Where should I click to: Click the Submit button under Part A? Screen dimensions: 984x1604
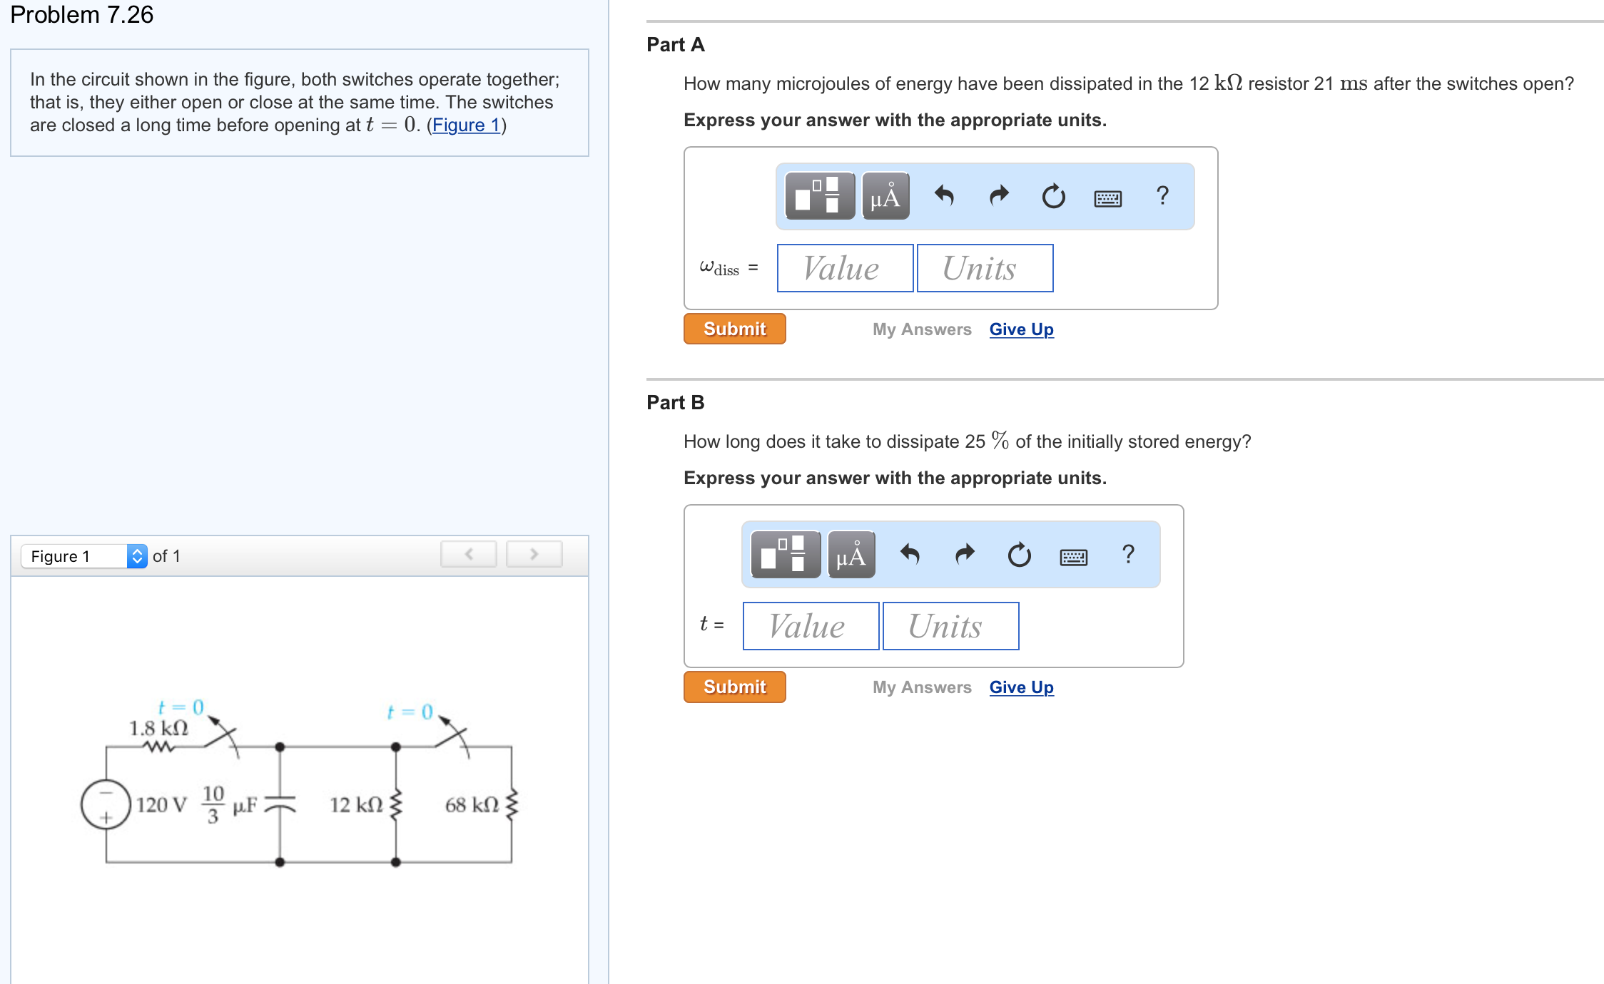pos(734,329)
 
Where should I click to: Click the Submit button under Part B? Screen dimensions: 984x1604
pos(734,687)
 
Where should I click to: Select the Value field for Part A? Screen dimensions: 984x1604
pos(845,268)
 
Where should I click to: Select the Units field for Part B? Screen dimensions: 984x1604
pos(950,626)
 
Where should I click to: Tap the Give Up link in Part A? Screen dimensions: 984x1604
pos(1021,329)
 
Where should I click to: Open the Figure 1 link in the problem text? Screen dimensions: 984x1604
pos(466,125)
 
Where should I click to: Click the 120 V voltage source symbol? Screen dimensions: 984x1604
pos(106,804)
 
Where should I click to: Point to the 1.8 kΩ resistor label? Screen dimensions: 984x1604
pos(158,728)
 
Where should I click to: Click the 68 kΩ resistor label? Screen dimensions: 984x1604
pos(472,805)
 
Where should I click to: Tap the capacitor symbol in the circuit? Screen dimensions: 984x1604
pos(280,804)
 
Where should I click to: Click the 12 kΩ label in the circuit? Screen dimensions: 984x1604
pos(356,805)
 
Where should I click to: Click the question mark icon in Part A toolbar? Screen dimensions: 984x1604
pos(1162,195)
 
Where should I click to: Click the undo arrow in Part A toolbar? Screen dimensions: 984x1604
pos(944,195)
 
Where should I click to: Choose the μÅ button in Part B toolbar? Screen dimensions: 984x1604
pos(851,555)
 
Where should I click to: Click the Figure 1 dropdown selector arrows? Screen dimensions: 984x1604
pos(137,555)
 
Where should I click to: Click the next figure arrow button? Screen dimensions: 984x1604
pos(534,554)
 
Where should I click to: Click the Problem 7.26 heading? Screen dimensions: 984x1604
pos(82,14)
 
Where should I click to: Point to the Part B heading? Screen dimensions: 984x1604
pos(675,403)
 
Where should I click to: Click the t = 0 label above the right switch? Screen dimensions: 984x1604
pos(410,712)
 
